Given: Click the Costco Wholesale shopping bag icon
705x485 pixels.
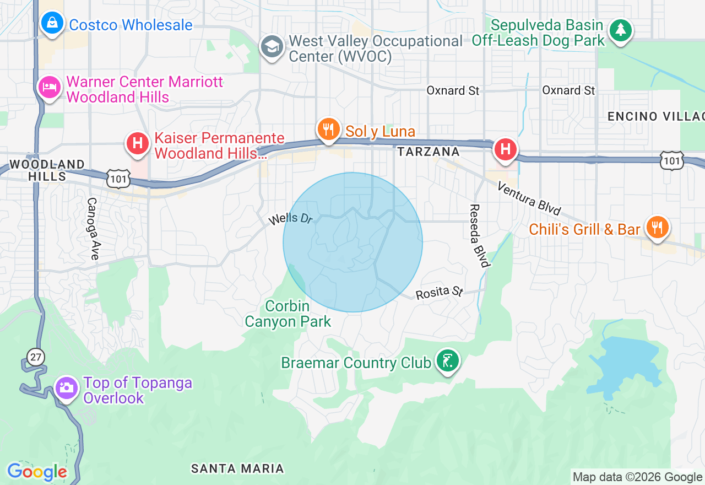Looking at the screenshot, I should coord(52,24).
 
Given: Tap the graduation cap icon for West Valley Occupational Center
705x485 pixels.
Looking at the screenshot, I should coord(272,47).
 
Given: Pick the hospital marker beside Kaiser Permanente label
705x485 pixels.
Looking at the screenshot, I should coord(138,144).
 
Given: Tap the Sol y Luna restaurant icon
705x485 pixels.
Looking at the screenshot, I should coord(329,130).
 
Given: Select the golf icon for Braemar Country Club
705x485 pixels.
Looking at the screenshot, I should coord(447,361).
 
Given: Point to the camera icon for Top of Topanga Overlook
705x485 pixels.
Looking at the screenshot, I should coord(67,387).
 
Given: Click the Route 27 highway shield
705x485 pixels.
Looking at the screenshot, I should coord(36,357).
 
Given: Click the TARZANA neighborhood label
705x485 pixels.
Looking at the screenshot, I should coord(428,152).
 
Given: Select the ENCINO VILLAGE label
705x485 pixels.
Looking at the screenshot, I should coord(655,116).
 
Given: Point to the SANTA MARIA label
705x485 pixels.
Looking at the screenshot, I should coord(237,469).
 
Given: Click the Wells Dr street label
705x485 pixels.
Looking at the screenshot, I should coord(290,219).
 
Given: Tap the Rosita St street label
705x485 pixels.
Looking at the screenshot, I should coord(439,292).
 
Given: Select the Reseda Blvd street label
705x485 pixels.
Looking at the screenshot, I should coord(479,236).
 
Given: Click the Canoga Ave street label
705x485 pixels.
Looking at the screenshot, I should coord(93,229).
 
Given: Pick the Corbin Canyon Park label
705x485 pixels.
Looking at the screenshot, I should coord(288,314).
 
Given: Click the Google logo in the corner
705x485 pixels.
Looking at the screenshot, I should coord(37,472).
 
